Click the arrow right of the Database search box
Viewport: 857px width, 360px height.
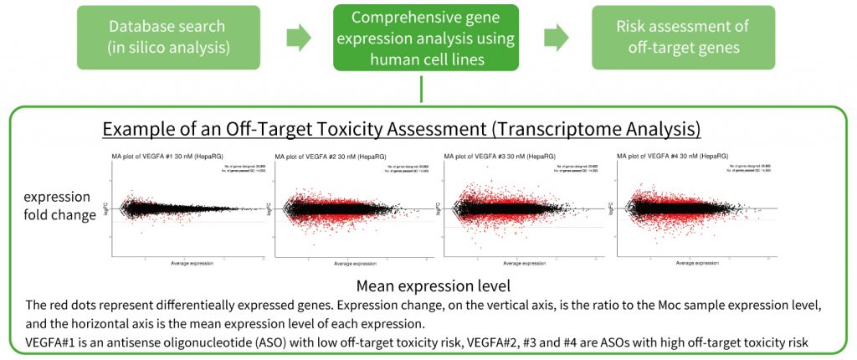[299, 38]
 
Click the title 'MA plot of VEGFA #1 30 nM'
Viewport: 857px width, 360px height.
[162, 156]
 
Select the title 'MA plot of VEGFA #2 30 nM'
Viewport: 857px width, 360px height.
[325, 157]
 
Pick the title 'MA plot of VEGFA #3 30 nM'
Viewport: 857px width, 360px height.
[494, 156]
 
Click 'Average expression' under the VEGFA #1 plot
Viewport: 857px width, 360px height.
[192, 264]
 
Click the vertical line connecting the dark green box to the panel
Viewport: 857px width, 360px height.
[423, 89]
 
